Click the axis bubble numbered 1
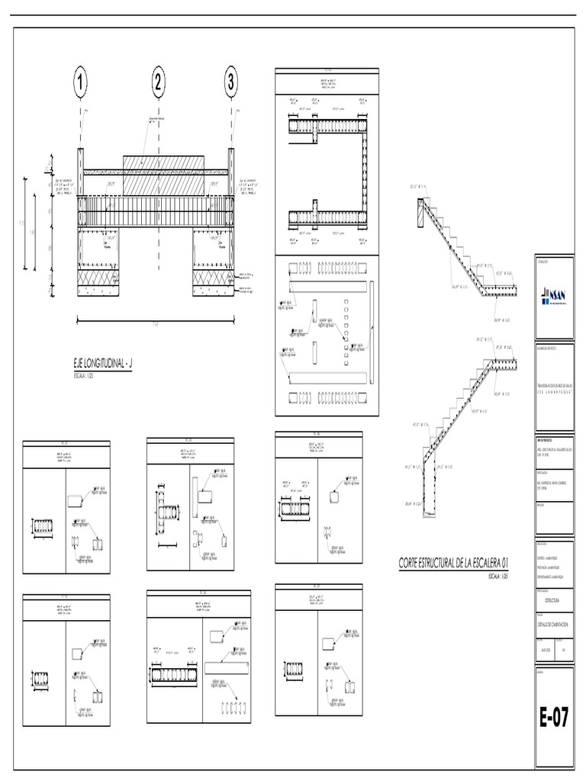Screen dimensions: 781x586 click(80, 83)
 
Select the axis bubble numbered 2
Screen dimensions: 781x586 click(159, 83)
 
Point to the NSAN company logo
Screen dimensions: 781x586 click(554, 295)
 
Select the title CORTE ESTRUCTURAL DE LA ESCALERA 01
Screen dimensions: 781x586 click(454, 563)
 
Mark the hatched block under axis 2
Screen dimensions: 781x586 click(163, 175)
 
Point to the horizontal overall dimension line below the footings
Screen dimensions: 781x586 click(156, 318)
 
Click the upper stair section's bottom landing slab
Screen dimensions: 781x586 click(499, 293)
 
